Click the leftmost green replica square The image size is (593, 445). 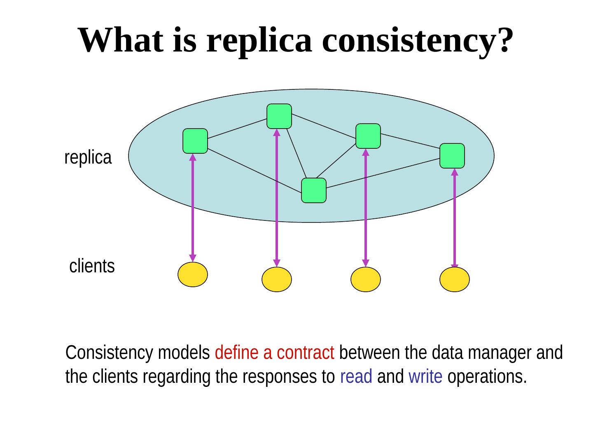pos(195,141)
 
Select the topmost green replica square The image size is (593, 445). pos(279,116)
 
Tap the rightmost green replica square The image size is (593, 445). pos(452,156)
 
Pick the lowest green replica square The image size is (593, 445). pos(314,190)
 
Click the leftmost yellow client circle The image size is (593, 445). pos(193,274)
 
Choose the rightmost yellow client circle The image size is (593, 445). pos(455,280)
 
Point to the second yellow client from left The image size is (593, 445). pos(277,280)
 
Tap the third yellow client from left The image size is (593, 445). pos(366,280)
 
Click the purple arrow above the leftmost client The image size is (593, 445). pos(193,208)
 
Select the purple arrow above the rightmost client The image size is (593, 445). pos(455,218)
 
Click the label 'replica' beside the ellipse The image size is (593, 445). pos(88,157)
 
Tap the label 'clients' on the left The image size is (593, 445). pos(92,266)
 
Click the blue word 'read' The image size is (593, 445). pos(356,377)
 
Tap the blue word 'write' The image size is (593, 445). pos(425,377)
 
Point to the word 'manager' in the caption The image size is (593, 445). pos(495,353)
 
